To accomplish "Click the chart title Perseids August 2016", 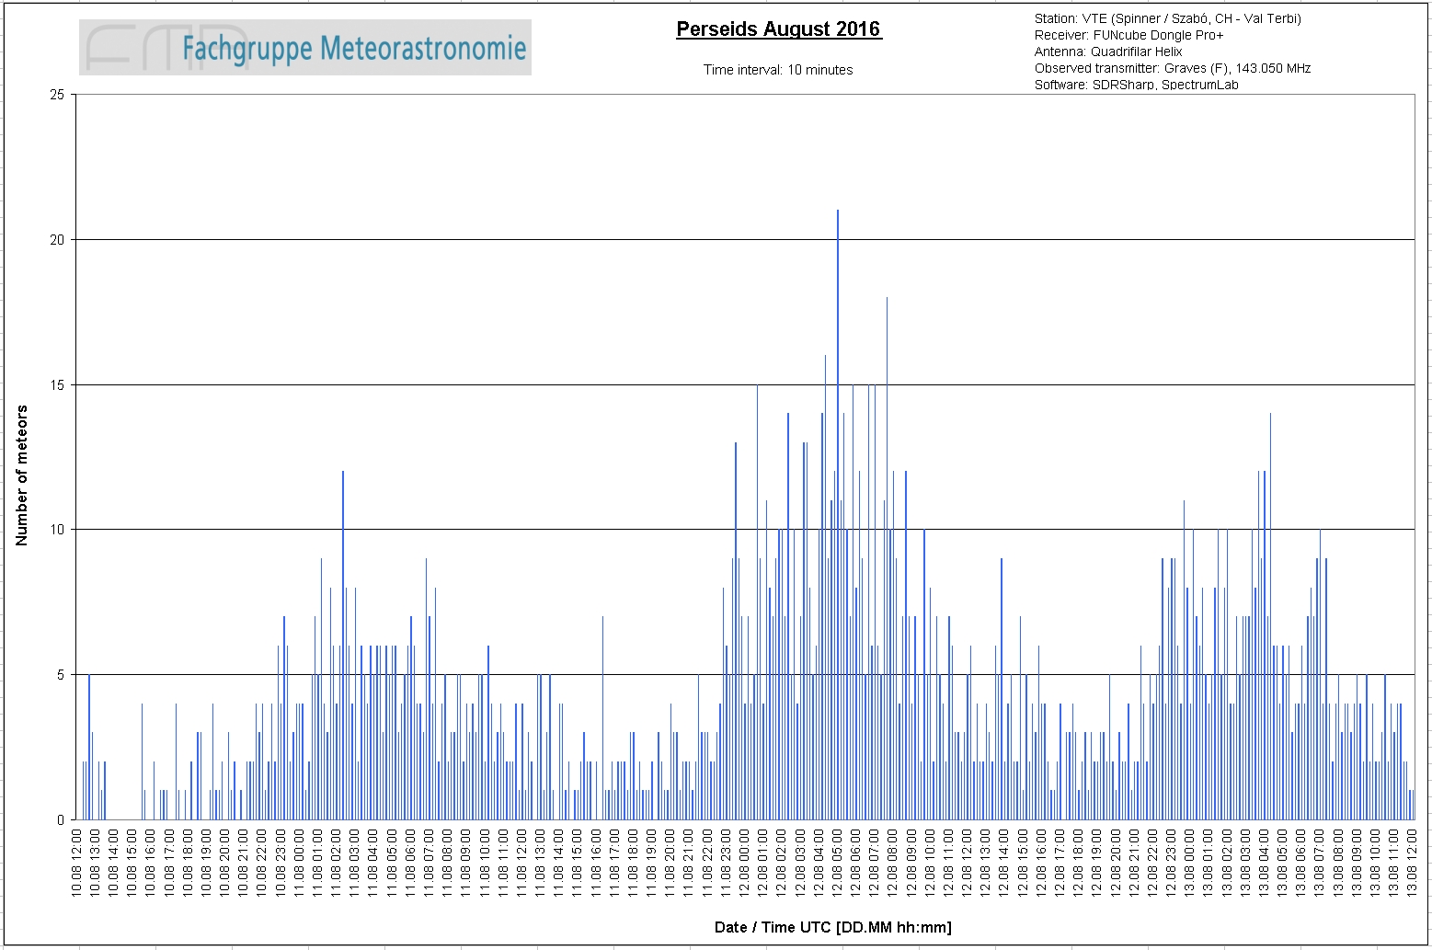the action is tap(779, 29).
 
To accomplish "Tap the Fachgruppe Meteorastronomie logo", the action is tap(305, 47).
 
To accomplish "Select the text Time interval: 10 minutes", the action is tap(778, 70).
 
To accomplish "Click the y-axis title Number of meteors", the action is tap(22, 475).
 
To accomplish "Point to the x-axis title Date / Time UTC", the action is tap(832, 927).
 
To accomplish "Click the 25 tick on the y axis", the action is tap(57, 95).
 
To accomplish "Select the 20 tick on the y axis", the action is tap(57, 240).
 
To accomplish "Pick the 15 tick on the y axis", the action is tap(57, 384).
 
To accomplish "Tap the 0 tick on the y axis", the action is tap(61, 819).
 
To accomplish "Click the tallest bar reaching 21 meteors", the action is tap(838, 515).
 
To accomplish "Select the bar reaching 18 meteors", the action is tap(887, 558).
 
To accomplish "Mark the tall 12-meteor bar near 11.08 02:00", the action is tap(343, 645).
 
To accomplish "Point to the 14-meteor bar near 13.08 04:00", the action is tap(1270, 616).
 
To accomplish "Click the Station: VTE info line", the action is tap(1167, 18).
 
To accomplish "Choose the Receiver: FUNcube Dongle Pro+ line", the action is tap(1128, 35).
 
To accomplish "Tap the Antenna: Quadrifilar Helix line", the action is tap(1108, 52).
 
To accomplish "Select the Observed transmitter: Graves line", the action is tap(1173, 68).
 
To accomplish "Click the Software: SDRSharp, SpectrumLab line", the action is tap(1136, 85).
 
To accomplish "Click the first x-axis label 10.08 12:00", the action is tap(76, 863).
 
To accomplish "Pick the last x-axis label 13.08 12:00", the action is tap(1412, 863).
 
